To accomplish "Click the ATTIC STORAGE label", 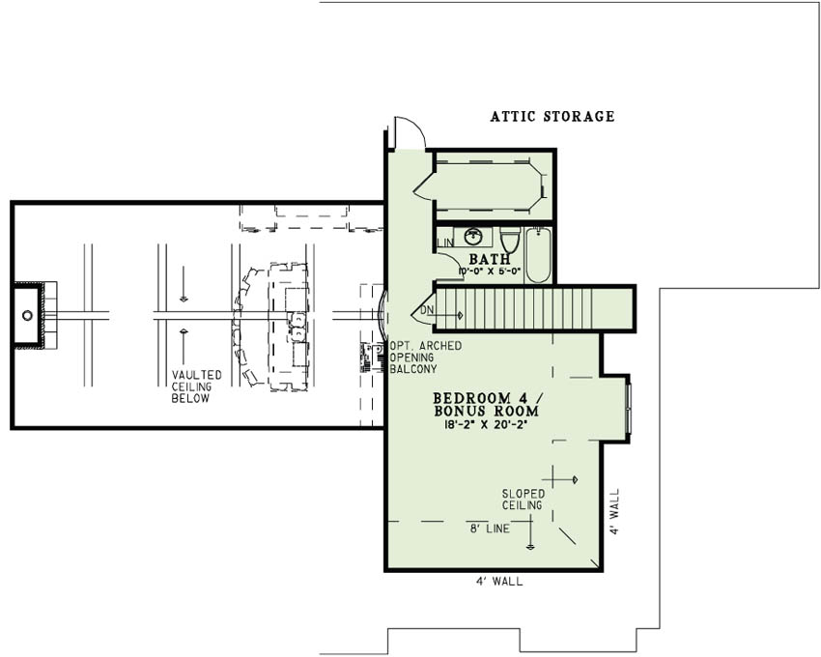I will (x=552, y=117).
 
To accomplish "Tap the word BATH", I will (x=489, y=259).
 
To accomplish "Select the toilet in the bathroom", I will (x=510, y=239).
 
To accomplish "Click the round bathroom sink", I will (x=474, y=236).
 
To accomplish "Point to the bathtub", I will (x=539, y=254).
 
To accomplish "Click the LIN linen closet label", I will (x=444, y=243).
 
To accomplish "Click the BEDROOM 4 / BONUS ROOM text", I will (x=485, y=404).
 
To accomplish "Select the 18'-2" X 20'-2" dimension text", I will (x=485, y=424).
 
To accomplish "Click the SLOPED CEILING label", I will (x=522, y=499).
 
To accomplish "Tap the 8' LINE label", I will (x=489, y=528).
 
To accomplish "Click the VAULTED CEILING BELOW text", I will (x=196, y=386).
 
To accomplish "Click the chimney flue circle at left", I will (x=27, y=315).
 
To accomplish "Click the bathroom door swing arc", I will (x=450, y=263).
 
